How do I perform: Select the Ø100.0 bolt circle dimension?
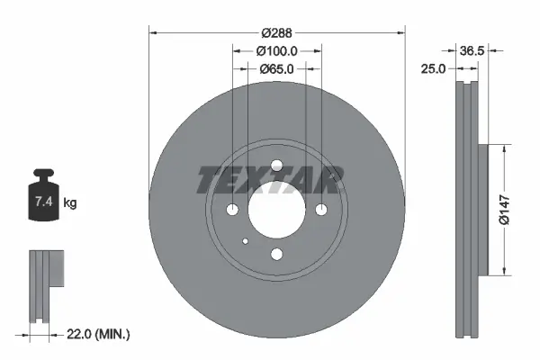277,51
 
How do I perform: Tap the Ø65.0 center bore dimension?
277,68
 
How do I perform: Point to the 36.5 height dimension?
472,51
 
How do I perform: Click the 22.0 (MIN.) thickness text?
100,334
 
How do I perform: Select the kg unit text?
70,203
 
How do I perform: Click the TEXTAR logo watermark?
269,181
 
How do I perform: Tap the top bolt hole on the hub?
276,165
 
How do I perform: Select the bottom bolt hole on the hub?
276,254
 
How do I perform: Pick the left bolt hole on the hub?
232,210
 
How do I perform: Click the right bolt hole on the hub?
321,210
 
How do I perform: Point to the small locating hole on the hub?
246,241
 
